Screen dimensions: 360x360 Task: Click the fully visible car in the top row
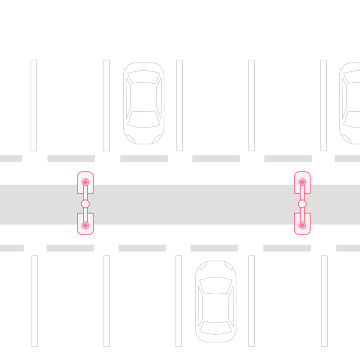pos(143,102)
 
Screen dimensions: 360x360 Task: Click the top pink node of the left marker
pos(86,182)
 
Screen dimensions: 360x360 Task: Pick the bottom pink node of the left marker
pos(86,225)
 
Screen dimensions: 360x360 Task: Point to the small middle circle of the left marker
pos(86,204)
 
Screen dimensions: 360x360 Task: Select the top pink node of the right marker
pos(302,182)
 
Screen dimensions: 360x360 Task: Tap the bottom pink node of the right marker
pos(302,225)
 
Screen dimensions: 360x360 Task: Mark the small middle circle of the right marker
pos(302,204)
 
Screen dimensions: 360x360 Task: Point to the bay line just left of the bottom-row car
pos(179,300)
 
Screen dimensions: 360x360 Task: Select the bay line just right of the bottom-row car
pos(251,300)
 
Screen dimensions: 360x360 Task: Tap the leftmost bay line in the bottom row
pos(34,300)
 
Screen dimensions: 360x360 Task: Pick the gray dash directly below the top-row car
pos(143,158)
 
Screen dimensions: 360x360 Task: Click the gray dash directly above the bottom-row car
pos(215,247)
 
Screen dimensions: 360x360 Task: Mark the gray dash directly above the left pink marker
pos(71,158)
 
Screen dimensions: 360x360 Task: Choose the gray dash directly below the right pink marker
pos(287,247)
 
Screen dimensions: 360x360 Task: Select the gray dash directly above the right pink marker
pos(287,158)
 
